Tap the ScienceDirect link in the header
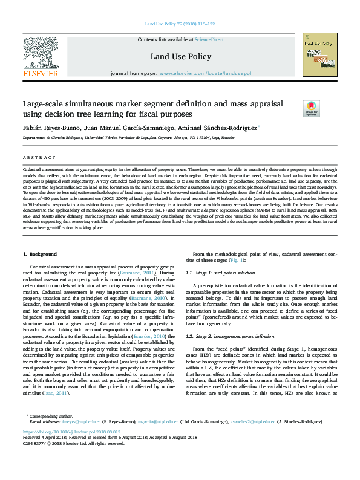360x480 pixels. pos(209,39)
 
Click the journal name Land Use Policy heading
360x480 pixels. pos(180,57)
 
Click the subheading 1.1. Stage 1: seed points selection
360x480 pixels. pos(224,273)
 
